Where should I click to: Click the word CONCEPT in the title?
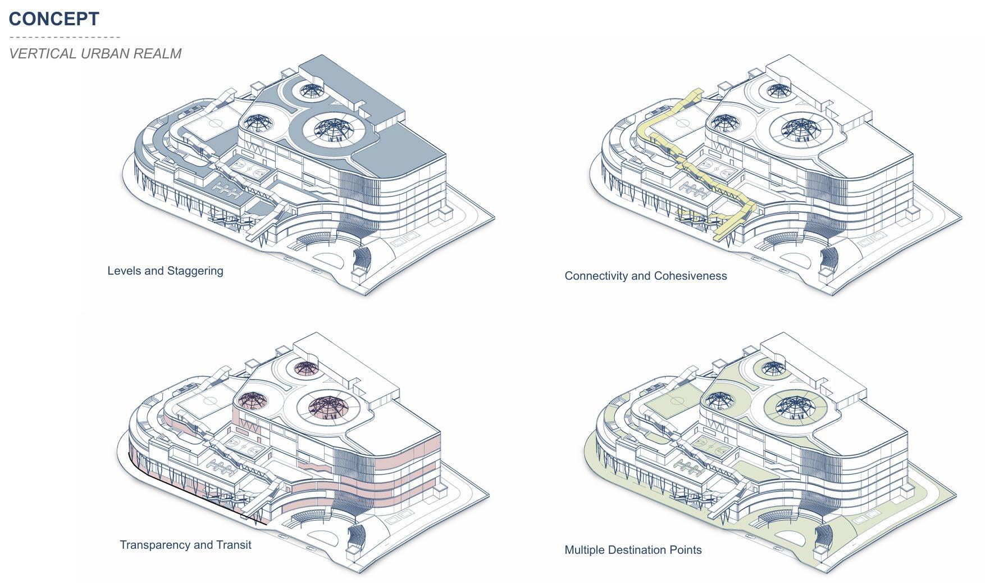pos(54,19)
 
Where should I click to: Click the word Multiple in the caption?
pos(585,550)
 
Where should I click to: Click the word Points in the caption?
pos(685,550)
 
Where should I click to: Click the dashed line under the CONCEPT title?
pos(65,37)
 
